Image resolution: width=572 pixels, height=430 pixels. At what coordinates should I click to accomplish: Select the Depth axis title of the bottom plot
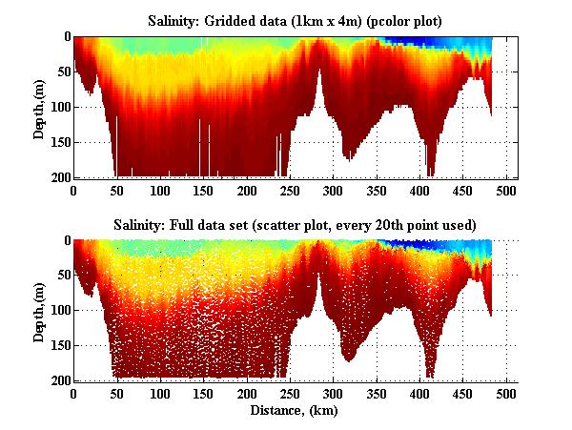39,311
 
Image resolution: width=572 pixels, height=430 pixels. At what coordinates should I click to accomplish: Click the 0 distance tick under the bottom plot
73,394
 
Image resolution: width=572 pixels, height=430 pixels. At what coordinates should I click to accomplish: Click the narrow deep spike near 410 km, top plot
430,162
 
